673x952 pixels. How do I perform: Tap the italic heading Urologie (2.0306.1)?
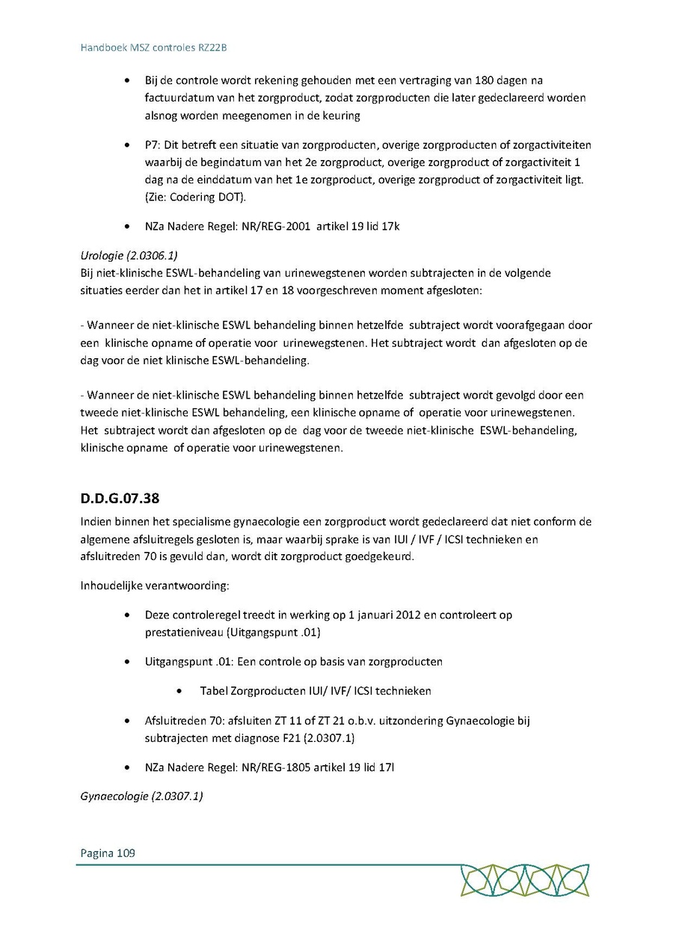click(x=129, y=254)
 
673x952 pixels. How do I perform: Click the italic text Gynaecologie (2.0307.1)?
click(x=141, y=796)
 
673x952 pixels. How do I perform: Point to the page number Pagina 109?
click(x=108, y=853)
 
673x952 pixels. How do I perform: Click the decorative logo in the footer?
click(x=524, y=880)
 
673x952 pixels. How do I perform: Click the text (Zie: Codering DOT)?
click(x=195, y=197)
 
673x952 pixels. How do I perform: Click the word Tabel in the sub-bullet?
click(x=214, y=691)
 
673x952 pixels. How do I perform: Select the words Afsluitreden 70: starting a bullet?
click(x=182, y=721)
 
